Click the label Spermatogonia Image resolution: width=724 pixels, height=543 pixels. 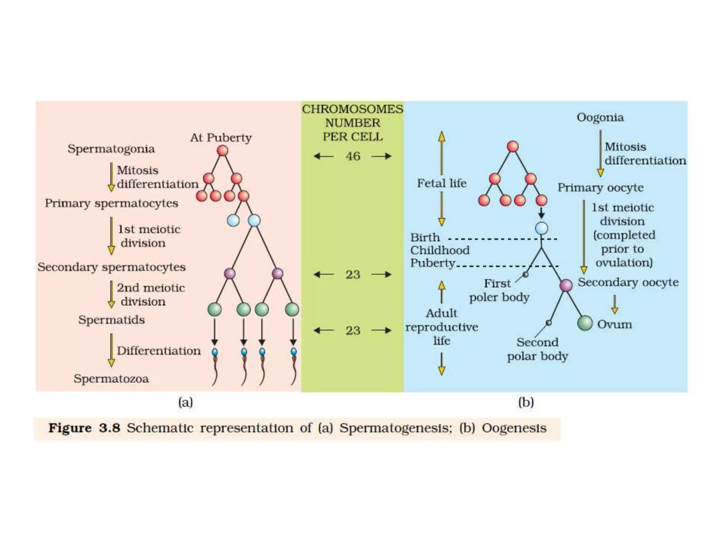(111, 149)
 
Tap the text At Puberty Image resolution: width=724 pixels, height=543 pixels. (221, 138)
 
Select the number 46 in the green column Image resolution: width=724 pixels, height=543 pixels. (353, 156)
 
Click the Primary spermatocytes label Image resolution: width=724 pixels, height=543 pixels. (111, 203)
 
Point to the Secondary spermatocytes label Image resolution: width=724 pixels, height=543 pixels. (111, 267)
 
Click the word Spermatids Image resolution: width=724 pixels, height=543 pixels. (111, 320)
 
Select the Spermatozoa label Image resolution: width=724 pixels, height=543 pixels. (111, 379)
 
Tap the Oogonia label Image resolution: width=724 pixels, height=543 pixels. (600, 117)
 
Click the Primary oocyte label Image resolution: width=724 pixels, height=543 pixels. (600, 188)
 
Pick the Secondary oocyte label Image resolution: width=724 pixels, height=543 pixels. (628, 282)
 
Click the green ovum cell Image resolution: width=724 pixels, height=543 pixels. (585, 323)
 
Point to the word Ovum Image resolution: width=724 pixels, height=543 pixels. (614, 324)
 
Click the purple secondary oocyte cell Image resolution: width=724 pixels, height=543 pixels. (566, 285)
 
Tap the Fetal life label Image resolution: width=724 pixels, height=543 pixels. (442, 183)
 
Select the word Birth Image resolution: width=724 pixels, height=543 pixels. (425, 237)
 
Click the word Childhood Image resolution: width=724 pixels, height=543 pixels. (440, 250)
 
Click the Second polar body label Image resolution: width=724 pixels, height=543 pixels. (537, 349)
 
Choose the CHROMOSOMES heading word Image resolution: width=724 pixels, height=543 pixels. (352, 109)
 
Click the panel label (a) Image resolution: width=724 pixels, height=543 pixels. (186, 402)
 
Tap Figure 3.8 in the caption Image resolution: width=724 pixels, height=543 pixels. (84, 428)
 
